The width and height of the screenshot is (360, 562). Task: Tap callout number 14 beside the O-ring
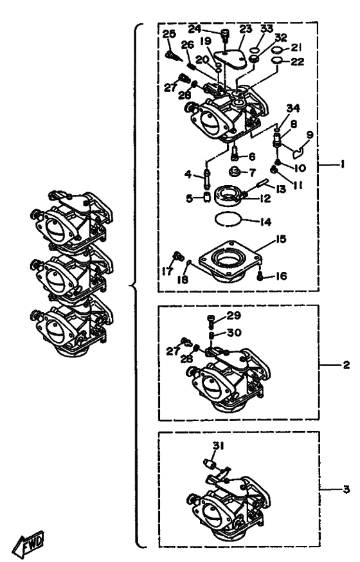pyautogui.click(x=265, y=222)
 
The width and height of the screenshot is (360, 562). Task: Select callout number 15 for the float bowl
pyautogui.click(x=281, y=239)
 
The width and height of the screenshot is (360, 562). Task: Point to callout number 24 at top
pyautogui.click(x=195, y=29)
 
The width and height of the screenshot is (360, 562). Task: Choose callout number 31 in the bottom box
pyautogui.click(x=219, y=446)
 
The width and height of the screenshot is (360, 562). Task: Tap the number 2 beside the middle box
pyautogui.click(x=346, y=365)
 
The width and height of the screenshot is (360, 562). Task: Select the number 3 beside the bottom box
pyautogui.click(x=346, y=489)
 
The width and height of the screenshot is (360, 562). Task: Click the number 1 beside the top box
pyautogui.click(x=343, y=164)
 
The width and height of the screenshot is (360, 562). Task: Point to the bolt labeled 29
pyautogui.click(x=212, y=320)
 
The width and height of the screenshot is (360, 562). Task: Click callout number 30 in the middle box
pyautogui.click(x=234, y=332)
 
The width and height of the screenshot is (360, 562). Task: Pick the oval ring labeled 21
pyautogui.click(x=276, y=49)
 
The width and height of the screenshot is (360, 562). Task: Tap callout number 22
pyautogui.click(x=297, y=62)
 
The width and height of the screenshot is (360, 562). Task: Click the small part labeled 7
pyautogui.click(x=235, y=170)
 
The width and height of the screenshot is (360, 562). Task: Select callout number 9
pyautogui.click(x=310, y=135)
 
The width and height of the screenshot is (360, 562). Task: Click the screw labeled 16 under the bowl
pyautogui.click(x=261, y=276)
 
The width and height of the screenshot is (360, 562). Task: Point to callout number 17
pyautogui.click(x=167, y=271)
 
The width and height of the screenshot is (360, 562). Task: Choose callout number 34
pyautogui.click(x=293, y=108)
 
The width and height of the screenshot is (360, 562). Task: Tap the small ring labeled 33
pyautogui.click(x=255, y=49)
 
